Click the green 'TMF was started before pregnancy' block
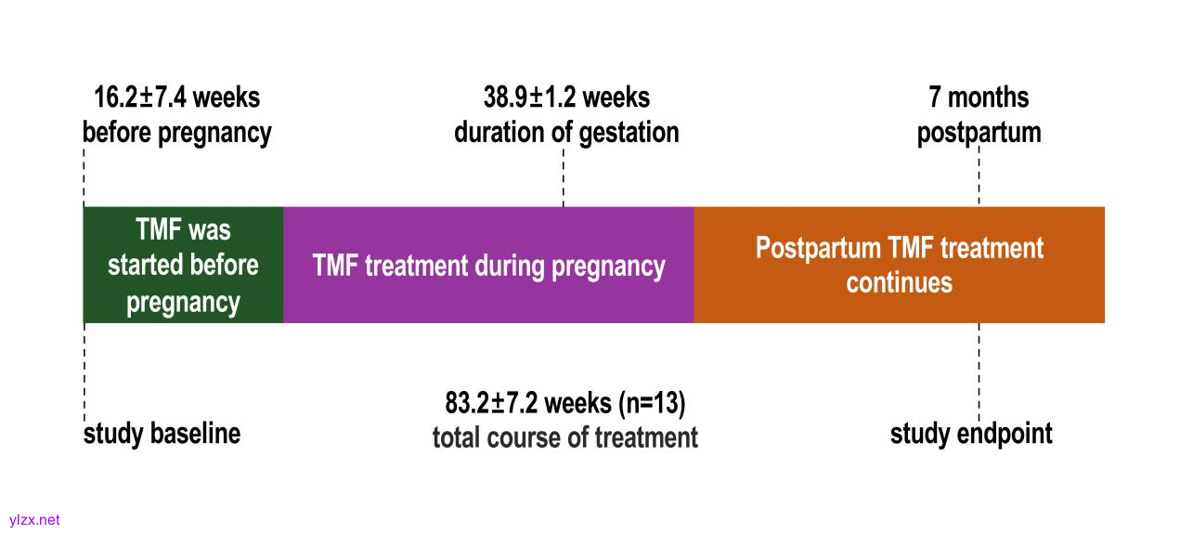point(183,265)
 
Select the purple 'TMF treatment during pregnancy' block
point(489,265)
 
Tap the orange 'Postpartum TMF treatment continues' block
point(900,265)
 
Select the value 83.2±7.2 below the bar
point(491,403)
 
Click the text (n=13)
point(652,404)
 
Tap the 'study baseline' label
point(162,434)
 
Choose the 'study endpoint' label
point(971,434)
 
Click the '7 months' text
point(979,98)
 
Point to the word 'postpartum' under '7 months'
point(979,133)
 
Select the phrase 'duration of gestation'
point(566,132)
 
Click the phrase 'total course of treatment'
point(565,437)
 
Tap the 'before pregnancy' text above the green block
point(177,132)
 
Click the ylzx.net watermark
point(34,520)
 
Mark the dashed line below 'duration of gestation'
point(564,177)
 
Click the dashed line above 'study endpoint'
point(979,372)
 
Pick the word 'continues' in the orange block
point(900,283)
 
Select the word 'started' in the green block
point(140,266)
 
